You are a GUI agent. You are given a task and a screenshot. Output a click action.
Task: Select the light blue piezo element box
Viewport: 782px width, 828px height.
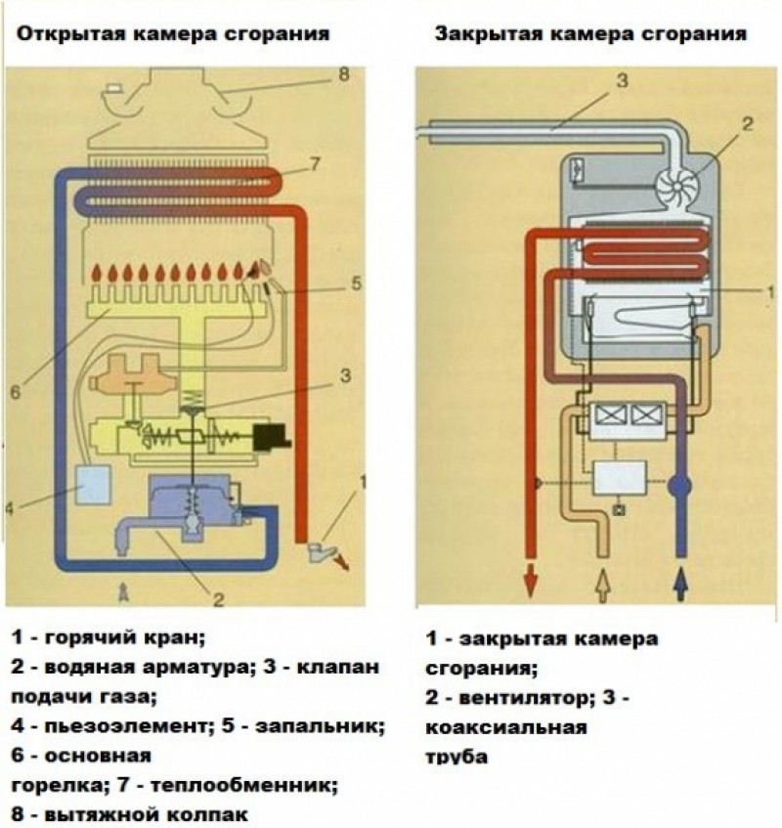click(96, 486)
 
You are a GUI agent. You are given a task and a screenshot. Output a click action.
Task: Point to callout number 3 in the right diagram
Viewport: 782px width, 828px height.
click(621, 79)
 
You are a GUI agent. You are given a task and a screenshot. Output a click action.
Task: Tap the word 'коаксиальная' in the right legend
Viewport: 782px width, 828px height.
click(505, 728)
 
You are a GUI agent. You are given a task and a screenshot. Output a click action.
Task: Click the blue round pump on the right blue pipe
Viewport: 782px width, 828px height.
click(680, 484)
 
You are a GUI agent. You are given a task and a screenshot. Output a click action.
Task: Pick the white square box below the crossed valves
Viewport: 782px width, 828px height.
click(618, 477)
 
